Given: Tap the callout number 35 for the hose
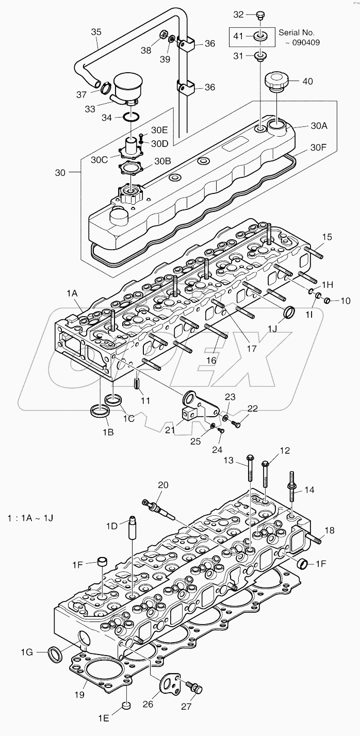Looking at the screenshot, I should (x=96, y=31).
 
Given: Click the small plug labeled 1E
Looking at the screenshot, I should (x=125, y=705).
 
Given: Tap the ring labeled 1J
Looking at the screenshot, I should (x=289, y=313).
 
